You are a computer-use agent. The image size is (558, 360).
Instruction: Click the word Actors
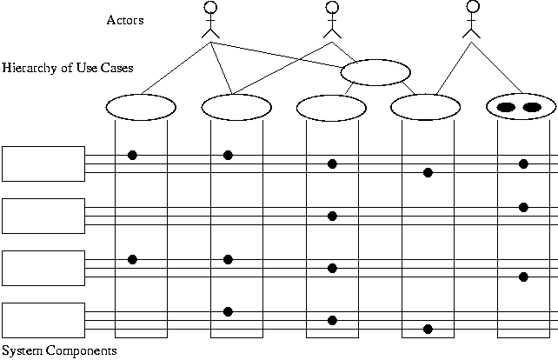click(125, 20)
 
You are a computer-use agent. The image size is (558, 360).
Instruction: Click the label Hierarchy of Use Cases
click(68, 67)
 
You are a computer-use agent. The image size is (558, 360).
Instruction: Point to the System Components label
click(58, 350)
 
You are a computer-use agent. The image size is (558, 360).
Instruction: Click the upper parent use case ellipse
click(375, 72)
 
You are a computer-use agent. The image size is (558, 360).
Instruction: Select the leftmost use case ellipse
click(141, 107)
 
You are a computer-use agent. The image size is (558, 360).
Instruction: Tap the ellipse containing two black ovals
click(520, 107)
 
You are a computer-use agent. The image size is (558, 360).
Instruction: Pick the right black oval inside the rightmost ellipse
click(532, 107)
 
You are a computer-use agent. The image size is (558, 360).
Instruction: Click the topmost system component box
click(43, 163)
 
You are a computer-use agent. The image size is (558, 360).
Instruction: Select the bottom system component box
click(43, 320)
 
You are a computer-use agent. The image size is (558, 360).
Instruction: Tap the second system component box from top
click(43, 216)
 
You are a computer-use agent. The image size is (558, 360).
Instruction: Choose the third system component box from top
click(43, 268)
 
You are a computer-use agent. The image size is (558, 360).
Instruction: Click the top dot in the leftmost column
click(132, 155)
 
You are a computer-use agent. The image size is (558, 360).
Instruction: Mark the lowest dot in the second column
click(228, 311)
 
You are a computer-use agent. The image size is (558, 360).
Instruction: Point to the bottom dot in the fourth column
click(428, 329)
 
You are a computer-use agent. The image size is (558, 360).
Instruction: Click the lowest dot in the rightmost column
click(523, 277)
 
